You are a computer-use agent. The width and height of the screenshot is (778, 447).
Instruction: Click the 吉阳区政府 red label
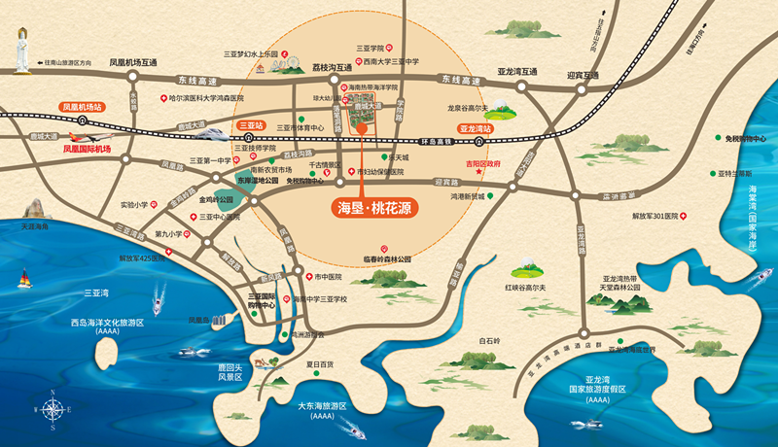(x=482, y=164)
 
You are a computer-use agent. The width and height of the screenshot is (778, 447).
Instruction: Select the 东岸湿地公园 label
(x=257, y=181)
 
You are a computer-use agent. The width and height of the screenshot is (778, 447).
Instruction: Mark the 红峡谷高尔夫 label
(x=525, y=288)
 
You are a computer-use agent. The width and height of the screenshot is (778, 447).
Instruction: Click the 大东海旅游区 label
(x=322, y=409)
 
